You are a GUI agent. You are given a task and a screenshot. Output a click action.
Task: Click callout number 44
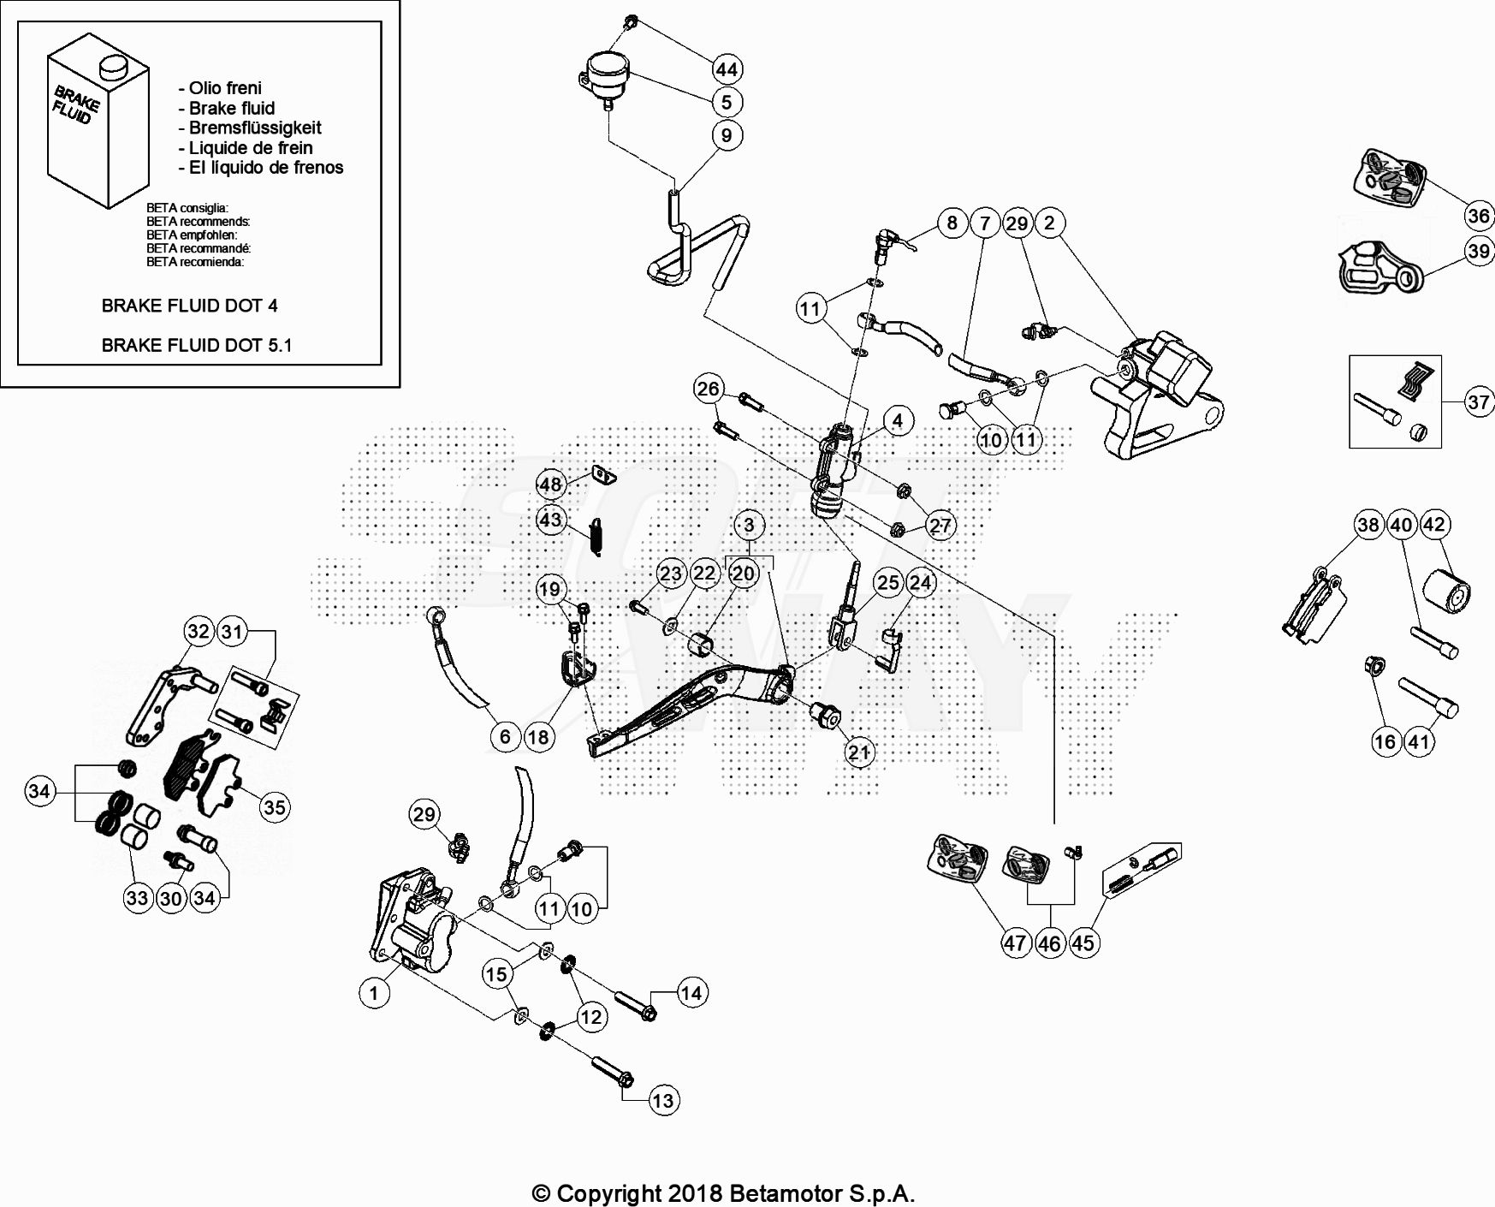point(727,69)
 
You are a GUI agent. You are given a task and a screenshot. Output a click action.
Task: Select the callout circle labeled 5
point(727,102)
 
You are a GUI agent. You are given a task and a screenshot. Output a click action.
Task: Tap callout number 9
point(727,135)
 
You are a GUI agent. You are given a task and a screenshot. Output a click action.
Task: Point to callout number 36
point(1479,216)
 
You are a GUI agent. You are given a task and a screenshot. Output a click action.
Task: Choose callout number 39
point(1479,251)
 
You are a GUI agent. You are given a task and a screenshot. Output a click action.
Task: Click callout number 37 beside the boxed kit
point(1479,401)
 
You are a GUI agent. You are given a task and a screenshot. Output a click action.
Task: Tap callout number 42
point(1434,525)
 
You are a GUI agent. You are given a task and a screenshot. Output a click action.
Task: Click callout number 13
point(663,1101)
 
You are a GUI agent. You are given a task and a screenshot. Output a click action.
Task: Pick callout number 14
point(691,993)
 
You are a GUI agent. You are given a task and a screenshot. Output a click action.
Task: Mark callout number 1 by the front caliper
point(373,993)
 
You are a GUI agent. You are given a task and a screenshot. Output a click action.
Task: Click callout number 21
point(858,752)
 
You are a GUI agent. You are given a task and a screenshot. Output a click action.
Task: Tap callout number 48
point(549,485)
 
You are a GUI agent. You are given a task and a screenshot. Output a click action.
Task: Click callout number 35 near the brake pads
point(274,807)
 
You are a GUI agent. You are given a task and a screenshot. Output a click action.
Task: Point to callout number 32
point(199,632)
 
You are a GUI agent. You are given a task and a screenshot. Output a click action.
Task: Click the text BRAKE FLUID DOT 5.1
point(196,345)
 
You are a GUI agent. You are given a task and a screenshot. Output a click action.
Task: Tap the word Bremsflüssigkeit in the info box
point(254,128)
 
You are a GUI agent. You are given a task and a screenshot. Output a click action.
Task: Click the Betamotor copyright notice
point(723,1193)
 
